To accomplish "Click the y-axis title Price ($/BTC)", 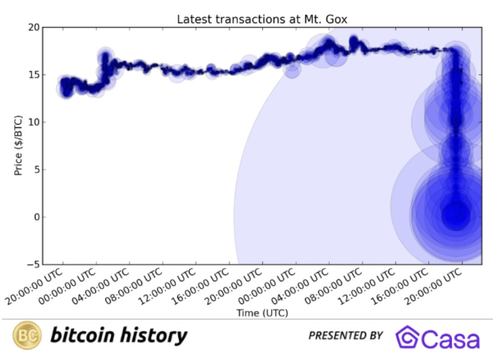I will (x=18, y=145).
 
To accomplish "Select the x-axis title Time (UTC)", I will (x=262, y=313).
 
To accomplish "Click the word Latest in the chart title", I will (x=191, y=20).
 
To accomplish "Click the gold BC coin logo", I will (x=27, y=335).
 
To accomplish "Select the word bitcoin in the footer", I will (x=82, y=335).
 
